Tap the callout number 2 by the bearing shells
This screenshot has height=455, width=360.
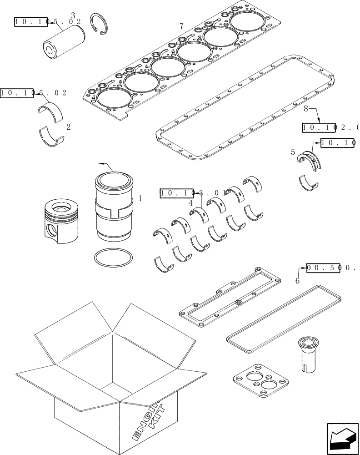pos(68,127)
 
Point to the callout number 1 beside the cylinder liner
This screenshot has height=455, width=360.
pos(140,198)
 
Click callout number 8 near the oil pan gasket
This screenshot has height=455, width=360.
pos(306,109)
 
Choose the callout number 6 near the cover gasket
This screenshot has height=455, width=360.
pos(297,281)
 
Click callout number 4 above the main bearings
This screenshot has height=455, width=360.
pos(190,203)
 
